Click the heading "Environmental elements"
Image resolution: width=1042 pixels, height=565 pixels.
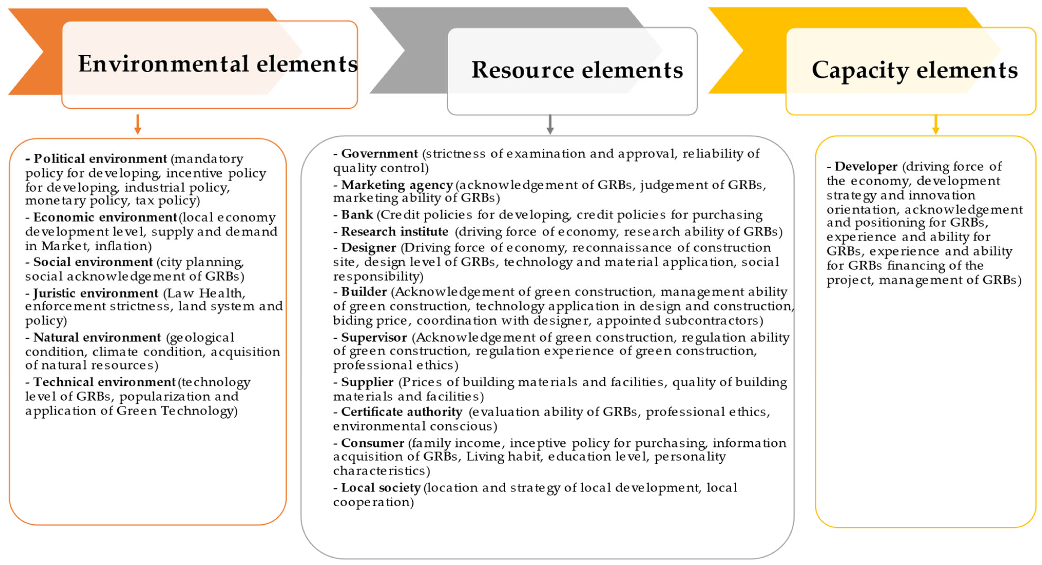click(x=218, y=64)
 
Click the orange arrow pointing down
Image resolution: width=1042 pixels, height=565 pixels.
click(x=137, y=124)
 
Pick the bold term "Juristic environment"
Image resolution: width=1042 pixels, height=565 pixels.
click(x=95, y=293)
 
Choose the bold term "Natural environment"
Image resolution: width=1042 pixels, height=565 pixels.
click(x=97, y=337)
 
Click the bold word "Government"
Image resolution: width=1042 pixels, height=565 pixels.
click(x=379, y=154)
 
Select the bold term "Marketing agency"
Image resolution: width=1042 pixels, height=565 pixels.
click(x=397, y=185)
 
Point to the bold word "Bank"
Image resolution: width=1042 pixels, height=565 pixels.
click(x=357, y=215)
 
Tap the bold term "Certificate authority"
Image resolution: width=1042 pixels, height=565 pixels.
click(x=401, y=412)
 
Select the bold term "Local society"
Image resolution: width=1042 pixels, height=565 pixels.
click(x=381, y=488)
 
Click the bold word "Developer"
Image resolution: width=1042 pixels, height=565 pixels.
click(x=866, y=167)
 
